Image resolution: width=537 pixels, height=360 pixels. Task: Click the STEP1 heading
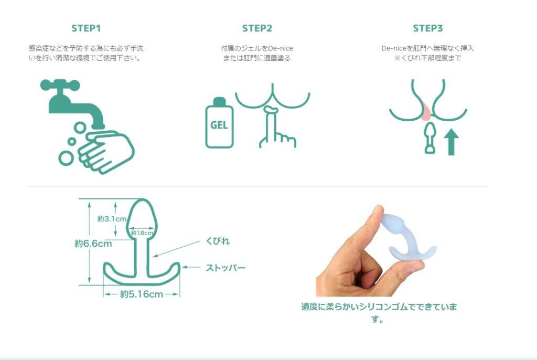pos(86,28)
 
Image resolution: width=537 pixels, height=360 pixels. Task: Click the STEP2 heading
pos(257,28)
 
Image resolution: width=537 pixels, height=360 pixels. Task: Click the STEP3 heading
pos(428,28)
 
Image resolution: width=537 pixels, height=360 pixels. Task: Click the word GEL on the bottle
pos(219,125)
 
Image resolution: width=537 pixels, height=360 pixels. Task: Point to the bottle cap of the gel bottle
pos(220,101)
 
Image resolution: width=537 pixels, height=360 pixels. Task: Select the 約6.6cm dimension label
pos(93,244)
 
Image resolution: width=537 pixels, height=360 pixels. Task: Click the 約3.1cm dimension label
pos(112,219)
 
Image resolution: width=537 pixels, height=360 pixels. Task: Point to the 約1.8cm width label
pos(142,233)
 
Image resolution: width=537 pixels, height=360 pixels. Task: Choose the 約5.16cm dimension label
pos(142,294)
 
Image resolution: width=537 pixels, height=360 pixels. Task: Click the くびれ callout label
pos(218,241)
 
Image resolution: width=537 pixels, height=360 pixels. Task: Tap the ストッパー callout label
pos(225,268)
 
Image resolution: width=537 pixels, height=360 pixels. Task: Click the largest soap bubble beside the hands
pos(66,158)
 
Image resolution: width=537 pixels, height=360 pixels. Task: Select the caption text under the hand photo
pos(379,312)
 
